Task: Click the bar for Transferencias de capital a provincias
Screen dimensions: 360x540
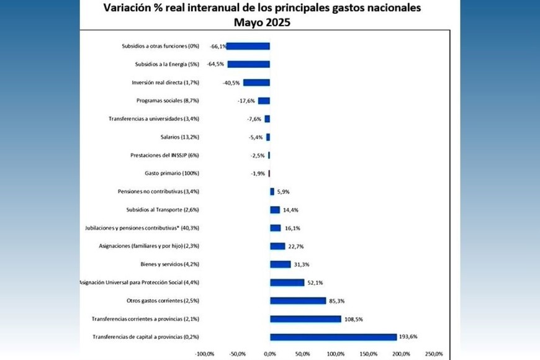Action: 333,337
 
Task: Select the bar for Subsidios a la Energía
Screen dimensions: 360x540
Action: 249,64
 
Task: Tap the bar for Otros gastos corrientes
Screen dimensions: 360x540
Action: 298,300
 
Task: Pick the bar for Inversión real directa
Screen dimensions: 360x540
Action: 256,83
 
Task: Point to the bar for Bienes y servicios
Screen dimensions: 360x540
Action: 281,264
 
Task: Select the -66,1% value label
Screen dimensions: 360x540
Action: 217,46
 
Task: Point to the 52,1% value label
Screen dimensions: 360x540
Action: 315,282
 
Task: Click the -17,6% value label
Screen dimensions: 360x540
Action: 247,101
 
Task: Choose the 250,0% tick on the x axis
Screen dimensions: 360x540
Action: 434,354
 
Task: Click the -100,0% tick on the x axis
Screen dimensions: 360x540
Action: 205,354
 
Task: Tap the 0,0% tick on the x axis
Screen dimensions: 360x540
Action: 270,354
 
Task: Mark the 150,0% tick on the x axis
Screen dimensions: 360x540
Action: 368,354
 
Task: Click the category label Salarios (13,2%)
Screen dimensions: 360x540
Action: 179,137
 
